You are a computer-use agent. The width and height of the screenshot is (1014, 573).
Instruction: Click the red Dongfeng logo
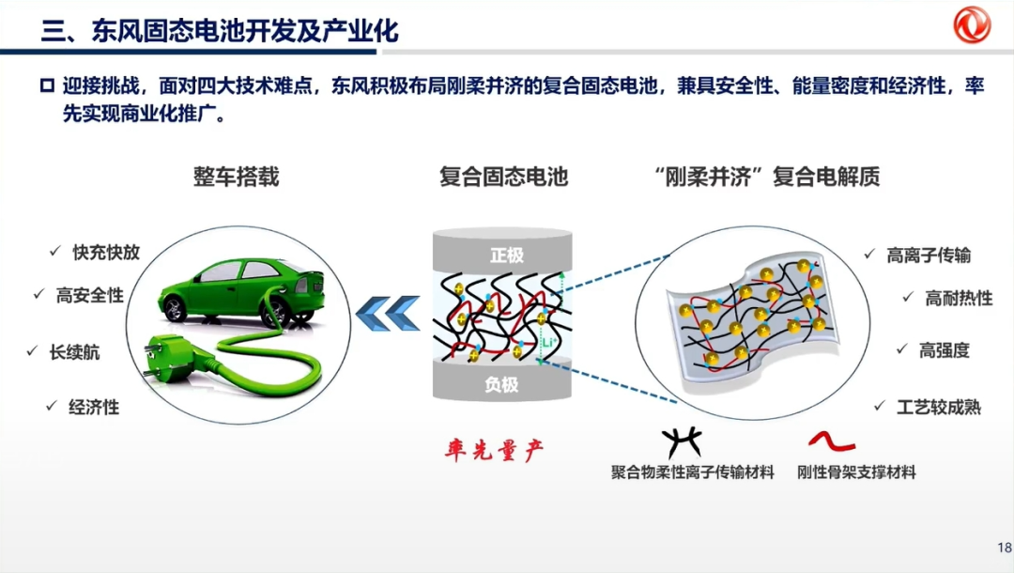972,24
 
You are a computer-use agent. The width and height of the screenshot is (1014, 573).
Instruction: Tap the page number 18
1005,547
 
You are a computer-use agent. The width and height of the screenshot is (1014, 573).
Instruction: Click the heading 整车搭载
236,177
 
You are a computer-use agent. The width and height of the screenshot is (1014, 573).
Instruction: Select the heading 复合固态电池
503,177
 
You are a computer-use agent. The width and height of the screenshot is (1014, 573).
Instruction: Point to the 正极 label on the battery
506,256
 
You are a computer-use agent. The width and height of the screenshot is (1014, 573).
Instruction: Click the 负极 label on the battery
501,385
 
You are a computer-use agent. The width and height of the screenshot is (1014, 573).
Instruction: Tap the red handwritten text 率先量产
494,450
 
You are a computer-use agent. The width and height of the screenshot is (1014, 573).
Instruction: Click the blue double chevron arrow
388,313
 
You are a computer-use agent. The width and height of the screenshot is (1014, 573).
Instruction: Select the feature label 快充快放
106,253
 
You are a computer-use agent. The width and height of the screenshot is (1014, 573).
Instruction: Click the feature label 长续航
74,352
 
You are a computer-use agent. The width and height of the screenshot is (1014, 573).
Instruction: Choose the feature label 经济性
94,408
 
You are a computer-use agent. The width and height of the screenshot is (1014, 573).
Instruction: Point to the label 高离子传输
929,256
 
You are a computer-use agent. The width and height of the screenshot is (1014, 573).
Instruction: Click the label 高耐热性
959,298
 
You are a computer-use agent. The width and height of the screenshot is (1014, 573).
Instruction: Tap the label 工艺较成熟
938,408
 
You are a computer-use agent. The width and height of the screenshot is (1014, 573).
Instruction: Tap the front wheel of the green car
174,308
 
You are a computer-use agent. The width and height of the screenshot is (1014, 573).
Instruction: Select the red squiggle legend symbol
832,441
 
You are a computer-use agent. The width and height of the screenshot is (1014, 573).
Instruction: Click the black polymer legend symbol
682,442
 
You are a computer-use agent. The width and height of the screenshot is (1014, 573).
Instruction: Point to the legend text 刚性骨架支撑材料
856,472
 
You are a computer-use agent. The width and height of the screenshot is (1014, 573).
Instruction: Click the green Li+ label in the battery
547,342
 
